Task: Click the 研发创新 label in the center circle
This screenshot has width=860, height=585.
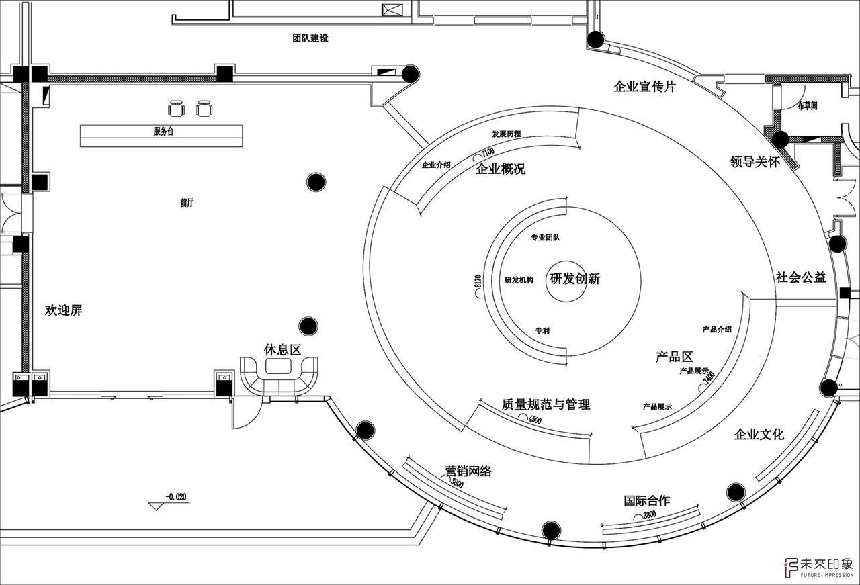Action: tap(574, 279)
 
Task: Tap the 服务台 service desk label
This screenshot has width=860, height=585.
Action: tap(163, 131)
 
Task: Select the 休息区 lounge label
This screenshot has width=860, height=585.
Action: tap(282, 349)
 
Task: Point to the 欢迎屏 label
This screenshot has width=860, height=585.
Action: tap(63, 310)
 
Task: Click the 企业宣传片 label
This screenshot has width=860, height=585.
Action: tap(644, 87)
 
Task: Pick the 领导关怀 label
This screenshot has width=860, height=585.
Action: tap(755, 162)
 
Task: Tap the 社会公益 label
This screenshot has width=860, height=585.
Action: tap(800, 277)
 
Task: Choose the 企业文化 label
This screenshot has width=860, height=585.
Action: tap(759, 434)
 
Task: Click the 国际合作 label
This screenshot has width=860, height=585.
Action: tap(646, 500)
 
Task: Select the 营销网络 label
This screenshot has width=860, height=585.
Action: tap(468, 471)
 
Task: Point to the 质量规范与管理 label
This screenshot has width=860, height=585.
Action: tap(546, 404)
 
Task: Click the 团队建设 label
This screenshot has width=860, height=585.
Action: tap(310, 38)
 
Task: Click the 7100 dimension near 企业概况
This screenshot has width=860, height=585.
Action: tap(488, 152)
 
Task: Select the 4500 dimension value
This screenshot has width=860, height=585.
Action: tap(535, 420)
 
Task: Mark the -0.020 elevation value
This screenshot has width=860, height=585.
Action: tap(176, 497)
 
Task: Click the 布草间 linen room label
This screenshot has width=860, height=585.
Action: tap(807, 106)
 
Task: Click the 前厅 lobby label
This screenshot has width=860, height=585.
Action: tap(187, 203)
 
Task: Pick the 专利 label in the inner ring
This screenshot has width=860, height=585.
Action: tap(542, 330)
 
